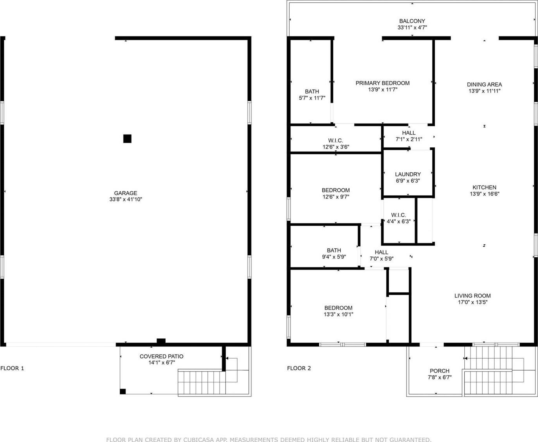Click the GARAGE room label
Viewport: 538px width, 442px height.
click(x=126, y=193)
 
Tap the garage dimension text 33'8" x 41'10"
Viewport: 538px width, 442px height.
click(x=126, y=200)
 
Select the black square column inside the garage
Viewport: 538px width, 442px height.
click(x=127, y=139)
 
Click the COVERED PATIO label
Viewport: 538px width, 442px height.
click(x=161, y=356)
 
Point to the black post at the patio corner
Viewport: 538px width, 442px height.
click(x=123, y=391)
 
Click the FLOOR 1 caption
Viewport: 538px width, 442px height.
click(x=12, y=368)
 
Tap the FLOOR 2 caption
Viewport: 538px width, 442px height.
click(x=299, y=368)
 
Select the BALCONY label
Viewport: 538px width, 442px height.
click(x=412, y=21)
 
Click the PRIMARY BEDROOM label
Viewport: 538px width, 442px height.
click(x=383, y=83)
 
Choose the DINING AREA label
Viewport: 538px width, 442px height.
click(x=485, y=85)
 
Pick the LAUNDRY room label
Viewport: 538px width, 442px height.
click(x=408, y=174)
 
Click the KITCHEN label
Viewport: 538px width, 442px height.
click(x=485, y=187)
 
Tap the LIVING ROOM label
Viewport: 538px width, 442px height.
click(x=473, y=295)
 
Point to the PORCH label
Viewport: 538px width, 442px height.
click(x=439, y=371)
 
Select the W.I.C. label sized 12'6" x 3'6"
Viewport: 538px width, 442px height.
click(x=335, y=141)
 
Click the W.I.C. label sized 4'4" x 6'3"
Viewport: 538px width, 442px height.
click(x=398, y=215)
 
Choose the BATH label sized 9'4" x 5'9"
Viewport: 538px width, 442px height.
click(x=334, y=251)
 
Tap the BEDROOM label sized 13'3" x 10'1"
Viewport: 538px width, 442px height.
click(x=338, y=308)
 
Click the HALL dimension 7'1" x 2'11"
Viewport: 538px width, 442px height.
click(x=409, y=139)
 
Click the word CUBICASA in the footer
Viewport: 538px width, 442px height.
click(x=202, y=439)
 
